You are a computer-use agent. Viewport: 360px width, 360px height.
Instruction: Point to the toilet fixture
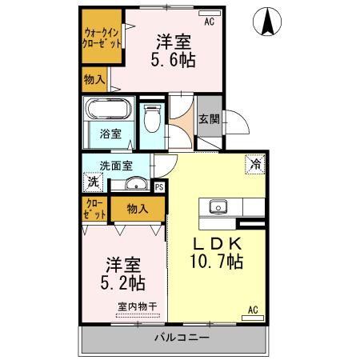(x=152, y=120)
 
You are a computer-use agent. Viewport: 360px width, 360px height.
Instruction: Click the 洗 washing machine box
(x=94, y=182)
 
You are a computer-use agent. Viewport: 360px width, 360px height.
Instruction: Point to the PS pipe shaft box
(x=159, y=187)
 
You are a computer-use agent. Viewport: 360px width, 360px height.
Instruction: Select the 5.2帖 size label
(x=122, y=281)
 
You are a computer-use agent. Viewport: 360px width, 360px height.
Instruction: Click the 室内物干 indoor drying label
(x=137, y=305)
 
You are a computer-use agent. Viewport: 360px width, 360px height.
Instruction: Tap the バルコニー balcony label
(x=182, y=339)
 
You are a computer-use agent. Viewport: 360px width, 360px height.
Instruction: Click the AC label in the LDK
(x=253, y=310)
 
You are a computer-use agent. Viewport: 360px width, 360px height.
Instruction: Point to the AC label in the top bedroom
(x=210, y=21)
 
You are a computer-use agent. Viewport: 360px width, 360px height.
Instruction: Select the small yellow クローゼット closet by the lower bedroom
(x=95, y=210)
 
